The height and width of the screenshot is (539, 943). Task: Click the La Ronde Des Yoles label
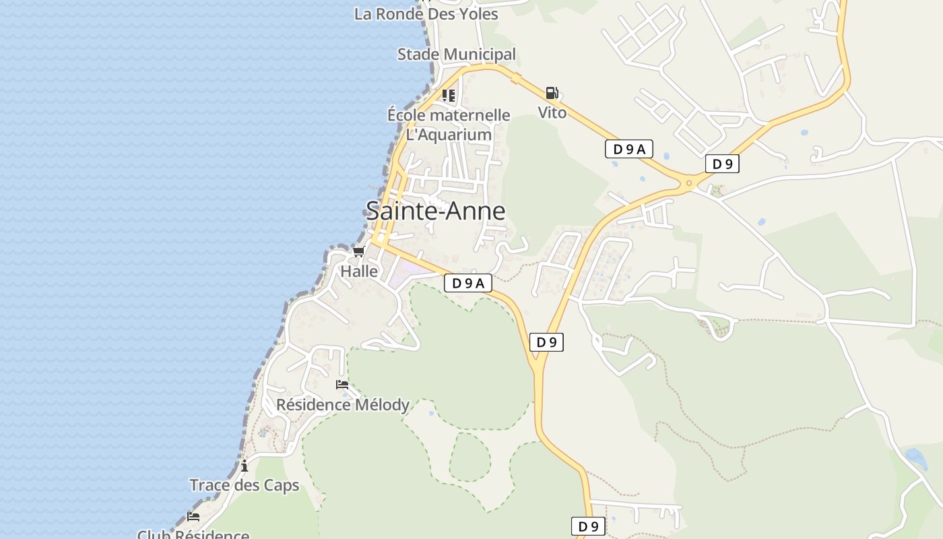tap(426, 14)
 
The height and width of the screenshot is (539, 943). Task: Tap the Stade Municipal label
tap(456, 55)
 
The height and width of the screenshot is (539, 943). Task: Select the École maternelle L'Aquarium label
tap(449, 125)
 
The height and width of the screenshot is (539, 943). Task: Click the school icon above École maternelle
tap(449, 95)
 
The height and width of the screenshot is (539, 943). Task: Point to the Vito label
tap(552, 113)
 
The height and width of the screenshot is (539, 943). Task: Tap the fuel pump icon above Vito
tap(552, 93)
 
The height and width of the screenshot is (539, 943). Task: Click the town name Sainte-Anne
tap(436, 211)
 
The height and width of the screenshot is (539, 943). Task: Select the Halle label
tap(359, 272)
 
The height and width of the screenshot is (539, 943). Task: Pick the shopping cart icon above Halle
tap(358, 252)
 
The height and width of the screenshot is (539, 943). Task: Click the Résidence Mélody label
tap(343, 405)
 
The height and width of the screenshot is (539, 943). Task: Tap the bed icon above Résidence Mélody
tap(342, 385)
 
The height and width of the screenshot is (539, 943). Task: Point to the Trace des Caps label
tap(244, 485)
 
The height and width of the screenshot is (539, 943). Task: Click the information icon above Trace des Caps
tap(244, 466)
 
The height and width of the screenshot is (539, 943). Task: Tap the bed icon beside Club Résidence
tap(193, 517)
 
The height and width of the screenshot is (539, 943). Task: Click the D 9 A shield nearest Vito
tap(629, 150)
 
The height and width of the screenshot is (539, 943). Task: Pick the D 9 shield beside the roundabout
tap(722, 164)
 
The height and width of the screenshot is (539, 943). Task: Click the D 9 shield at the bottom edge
tap(588, 526)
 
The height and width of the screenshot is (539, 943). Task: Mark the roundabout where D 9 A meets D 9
tap(688, 182)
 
